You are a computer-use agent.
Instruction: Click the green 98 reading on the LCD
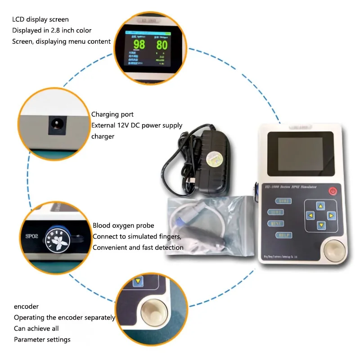[x=139, y=44]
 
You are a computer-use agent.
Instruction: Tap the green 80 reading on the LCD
[x=162, y=45]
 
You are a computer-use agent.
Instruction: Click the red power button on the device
[x=333, y=191]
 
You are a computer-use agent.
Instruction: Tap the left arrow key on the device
[x=310, y=216]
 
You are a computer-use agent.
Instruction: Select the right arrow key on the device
[x=331, y=216]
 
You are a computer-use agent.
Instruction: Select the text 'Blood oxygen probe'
[x=123, y=225]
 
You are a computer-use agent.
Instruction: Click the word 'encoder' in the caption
[x=26, y=306]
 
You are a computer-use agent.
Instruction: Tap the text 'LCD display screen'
[x=40, y=19]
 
